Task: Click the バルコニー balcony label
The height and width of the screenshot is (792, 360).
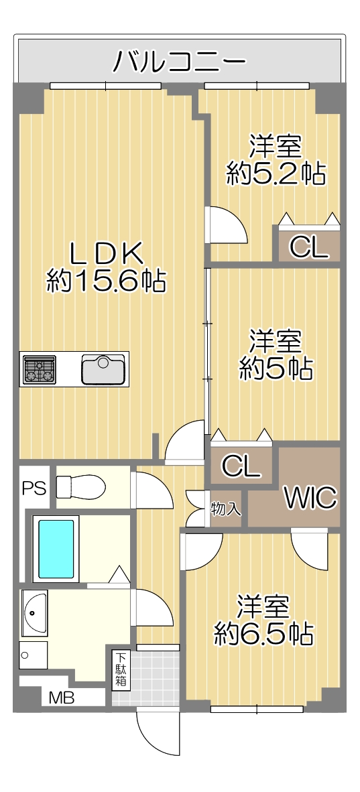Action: (179, 62)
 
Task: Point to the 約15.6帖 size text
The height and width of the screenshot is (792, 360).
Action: (106, 280)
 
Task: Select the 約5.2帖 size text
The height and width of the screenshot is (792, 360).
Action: (276, 174)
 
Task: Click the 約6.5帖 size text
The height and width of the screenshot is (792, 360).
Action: (263, 633)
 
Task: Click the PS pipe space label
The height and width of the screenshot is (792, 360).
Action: (34, 488)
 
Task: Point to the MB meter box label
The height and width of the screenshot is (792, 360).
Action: (62, 698)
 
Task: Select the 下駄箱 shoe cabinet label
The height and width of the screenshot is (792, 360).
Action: (121, 670)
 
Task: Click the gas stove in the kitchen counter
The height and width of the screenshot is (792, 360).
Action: (39, 369)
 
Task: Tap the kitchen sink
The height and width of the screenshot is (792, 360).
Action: (103, 369)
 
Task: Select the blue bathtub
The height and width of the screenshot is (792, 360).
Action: (57, 549)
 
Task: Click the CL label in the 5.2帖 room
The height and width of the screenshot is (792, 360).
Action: (308, 247)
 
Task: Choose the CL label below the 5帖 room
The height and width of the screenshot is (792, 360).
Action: (241, 466)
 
